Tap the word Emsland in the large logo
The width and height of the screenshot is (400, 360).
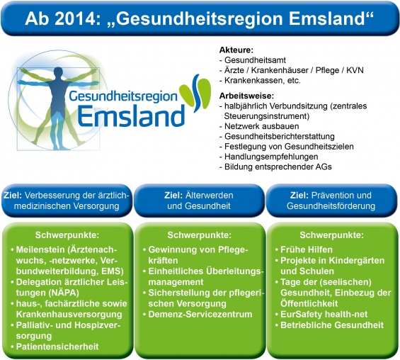point(132,116)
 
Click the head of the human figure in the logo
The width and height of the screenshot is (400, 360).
point(59,73)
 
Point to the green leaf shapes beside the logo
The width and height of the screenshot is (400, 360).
point(195,92)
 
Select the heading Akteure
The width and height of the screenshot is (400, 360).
point(236,50)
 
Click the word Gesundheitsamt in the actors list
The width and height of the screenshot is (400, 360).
point(255,60)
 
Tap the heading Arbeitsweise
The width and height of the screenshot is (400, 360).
point(246,96)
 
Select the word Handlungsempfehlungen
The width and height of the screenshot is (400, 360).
point(271,157)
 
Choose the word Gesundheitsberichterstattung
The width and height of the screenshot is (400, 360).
point(280,136)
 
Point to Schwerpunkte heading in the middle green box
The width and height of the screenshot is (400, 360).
point(199,235)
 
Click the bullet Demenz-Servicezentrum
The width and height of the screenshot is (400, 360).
point(200,315)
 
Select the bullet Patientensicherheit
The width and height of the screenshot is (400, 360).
point(57,347)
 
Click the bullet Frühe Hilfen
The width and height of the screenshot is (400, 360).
point(307,249)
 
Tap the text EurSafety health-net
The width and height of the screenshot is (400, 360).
point(324,315)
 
